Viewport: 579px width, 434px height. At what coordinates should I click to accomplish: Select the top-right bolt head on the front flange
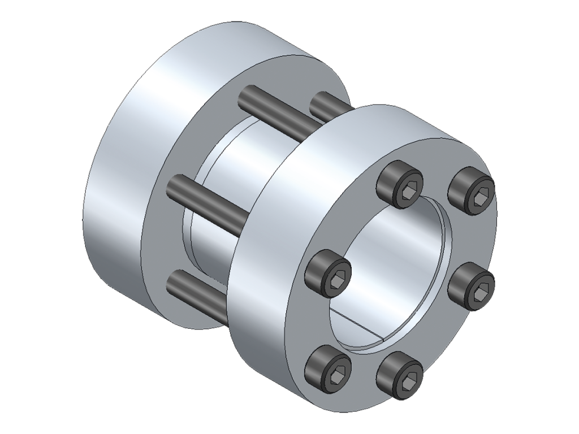472,190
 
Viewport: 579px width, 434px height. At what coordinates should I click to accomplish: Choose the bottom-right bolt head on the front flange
400,375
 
